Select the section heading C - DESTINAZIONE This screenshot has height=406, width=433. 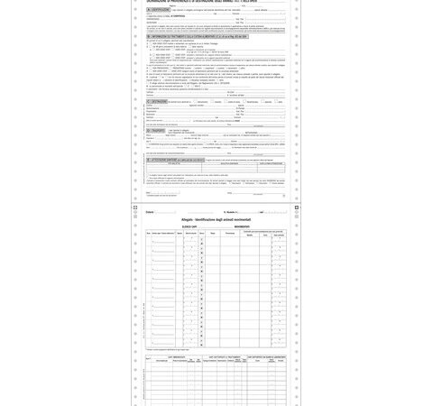[162, 101]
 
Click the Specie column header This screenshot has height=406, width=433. [180, 233]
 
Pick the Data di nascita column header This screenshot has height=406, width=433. [191, 233]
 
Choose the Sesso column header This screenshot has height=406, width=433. [202, 233]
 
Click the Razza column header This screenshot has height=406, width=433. [213, 233]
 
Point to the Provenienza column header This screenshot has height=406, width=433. [230, 233]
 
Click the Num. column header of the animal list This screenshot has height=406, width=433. [149, 233]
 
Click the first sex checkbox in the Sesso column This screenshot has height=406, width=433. [202, 238]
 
